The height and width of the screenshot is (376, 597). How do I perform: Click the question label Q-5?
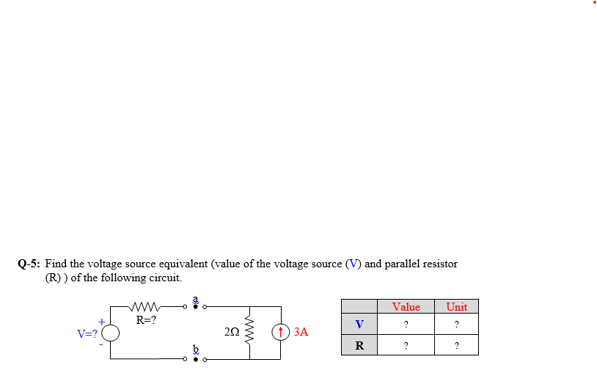pyautogui.click(x=29, y=264)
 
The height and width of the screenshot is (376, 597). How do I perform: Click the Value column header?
pyautogui.click(x=406, y=307)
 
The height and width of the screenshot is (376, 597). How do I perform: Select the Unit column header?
pyautogui.click(x=456, y=307)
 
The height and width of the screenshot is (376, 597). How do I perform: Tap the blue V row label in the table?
pyautogui.click(x=359, y=324)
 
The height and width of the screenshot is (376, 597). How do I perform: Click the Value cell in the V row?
pyautogui.click(x=406, y=324)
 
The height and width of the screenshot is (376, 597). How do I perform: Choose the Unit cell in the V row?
pyautogui.click(x=456, y=324)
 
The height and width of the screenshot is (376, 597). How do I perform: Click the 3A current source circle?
pyautogui.click(x=280, y=332)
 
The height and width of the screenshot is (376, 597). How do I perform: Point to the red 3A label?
pyautogui.click(x=300, y=332)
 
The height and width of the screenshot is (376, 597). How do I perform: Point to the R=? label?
pyautogui.click(x=146, y=319)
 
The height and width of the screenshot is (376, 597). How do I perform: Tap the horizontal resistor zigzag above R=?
pyautogui.click(x=147, y=306)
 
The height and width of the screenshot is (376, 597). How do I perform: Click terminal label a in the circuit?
pyautogui.click(x=196, y=299)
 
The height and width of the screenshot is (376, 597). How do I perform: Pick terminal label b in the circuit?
pyautogui.click(x=196, y=349)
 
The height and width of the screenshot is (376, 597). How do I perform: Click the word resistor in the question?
pyautogui.click(x=437, y=264)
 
